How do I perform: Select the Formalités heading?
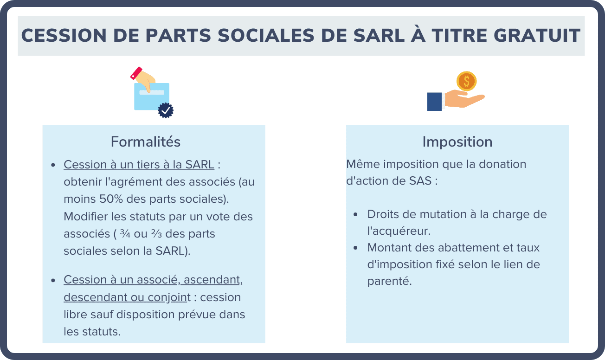click(x=146, y=142)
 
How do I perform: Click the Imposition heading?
click(x=457, y=142)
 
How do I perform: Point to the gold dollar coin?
click(x=466, y=81)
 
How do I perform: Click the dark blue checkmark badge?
click(x=166, y=110)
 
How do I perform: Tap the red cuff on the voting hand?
click(x=136, y=73)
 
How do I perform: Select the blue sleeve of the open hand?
click(x=434, y=102)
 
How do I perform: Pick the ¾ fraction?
click(x=125, y=234)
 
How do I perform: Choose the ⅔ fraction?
click(x=156, y=234)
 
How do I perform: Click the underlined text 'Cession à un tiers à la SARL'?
click(x=139, y=165)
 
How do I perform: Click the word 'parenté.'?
click(x=389, y=282)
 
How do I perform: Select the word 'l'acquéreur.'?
click(x=399, y=231)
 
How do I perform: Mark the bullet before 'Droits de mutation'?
click(x=355, y=215)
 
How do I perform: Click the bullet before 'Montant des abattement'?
click(x=355, y=248)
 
